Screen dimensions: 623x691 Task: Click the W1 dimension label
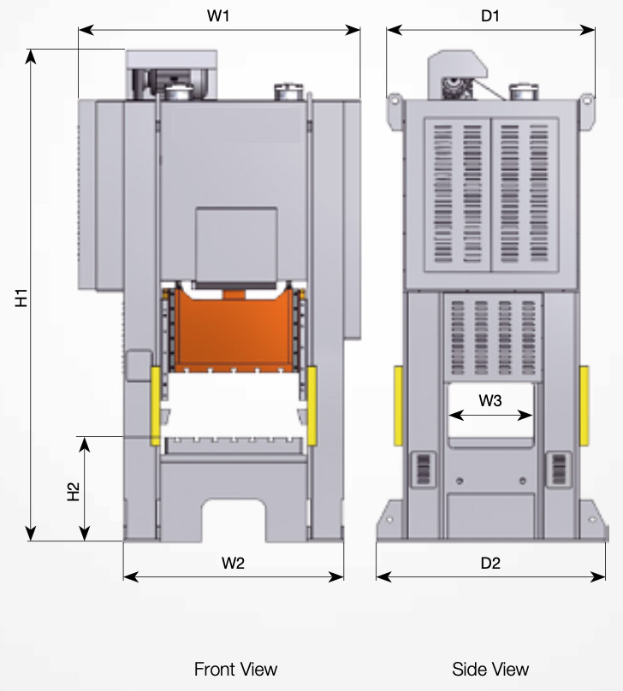(218, 16)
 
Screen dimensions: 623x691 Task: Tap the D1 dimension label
(490, 16)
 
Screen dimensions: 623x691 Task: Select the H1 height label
(21, 298)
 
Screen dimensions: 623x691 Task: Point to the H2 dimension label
(74, 492)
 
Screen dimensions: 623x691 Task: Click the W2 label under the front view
(233, 564)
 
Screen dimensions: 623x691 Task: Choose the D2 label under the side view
(490, 564)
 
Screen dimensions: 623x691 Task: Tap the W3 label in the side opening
(490, 400)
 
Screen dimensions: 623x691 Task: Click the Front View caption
(236, 669)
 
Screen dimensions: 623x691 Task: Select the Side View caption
(490, 669)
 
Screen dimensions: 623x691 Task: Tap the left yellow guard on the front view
(155, 405)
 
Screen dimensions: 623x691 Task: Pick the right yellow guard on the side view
(584, 405)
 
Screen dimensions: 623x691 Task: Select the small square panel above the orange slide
(236, 245)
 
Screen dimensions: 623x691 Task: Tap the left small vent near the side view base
(424, 469)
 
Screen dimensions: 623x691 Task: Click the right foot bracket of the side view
(593, 519)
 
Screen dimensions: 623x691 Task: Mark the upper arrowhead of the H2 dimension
(84, 445)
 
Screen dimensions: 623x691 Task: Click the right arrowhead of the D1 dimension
(588, 30)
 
